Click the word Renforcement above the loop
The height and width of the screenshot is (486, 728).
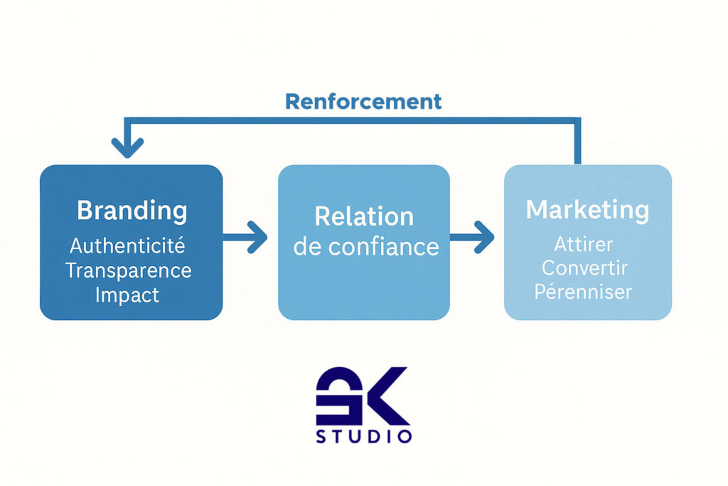363,101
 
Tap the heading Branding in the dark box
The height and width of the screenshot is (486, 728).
132,211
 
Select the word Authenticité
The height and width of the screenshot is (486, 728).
127,246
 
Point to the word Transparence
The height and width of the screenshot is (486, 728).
129,270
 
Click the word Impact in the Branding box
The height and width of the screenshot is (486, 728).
127,295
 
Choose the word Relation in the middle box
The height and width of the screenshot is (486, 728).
364,216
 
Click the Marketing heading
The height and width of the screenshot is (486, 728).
587,210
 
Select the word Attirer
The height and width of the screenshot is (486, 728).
583,245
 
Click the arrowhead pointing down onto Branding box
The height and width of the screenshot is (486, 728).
127,149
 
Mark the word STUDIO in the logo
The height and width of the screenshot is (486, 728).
363,435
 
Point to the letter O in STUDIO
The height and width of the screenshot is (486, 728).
405,435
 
